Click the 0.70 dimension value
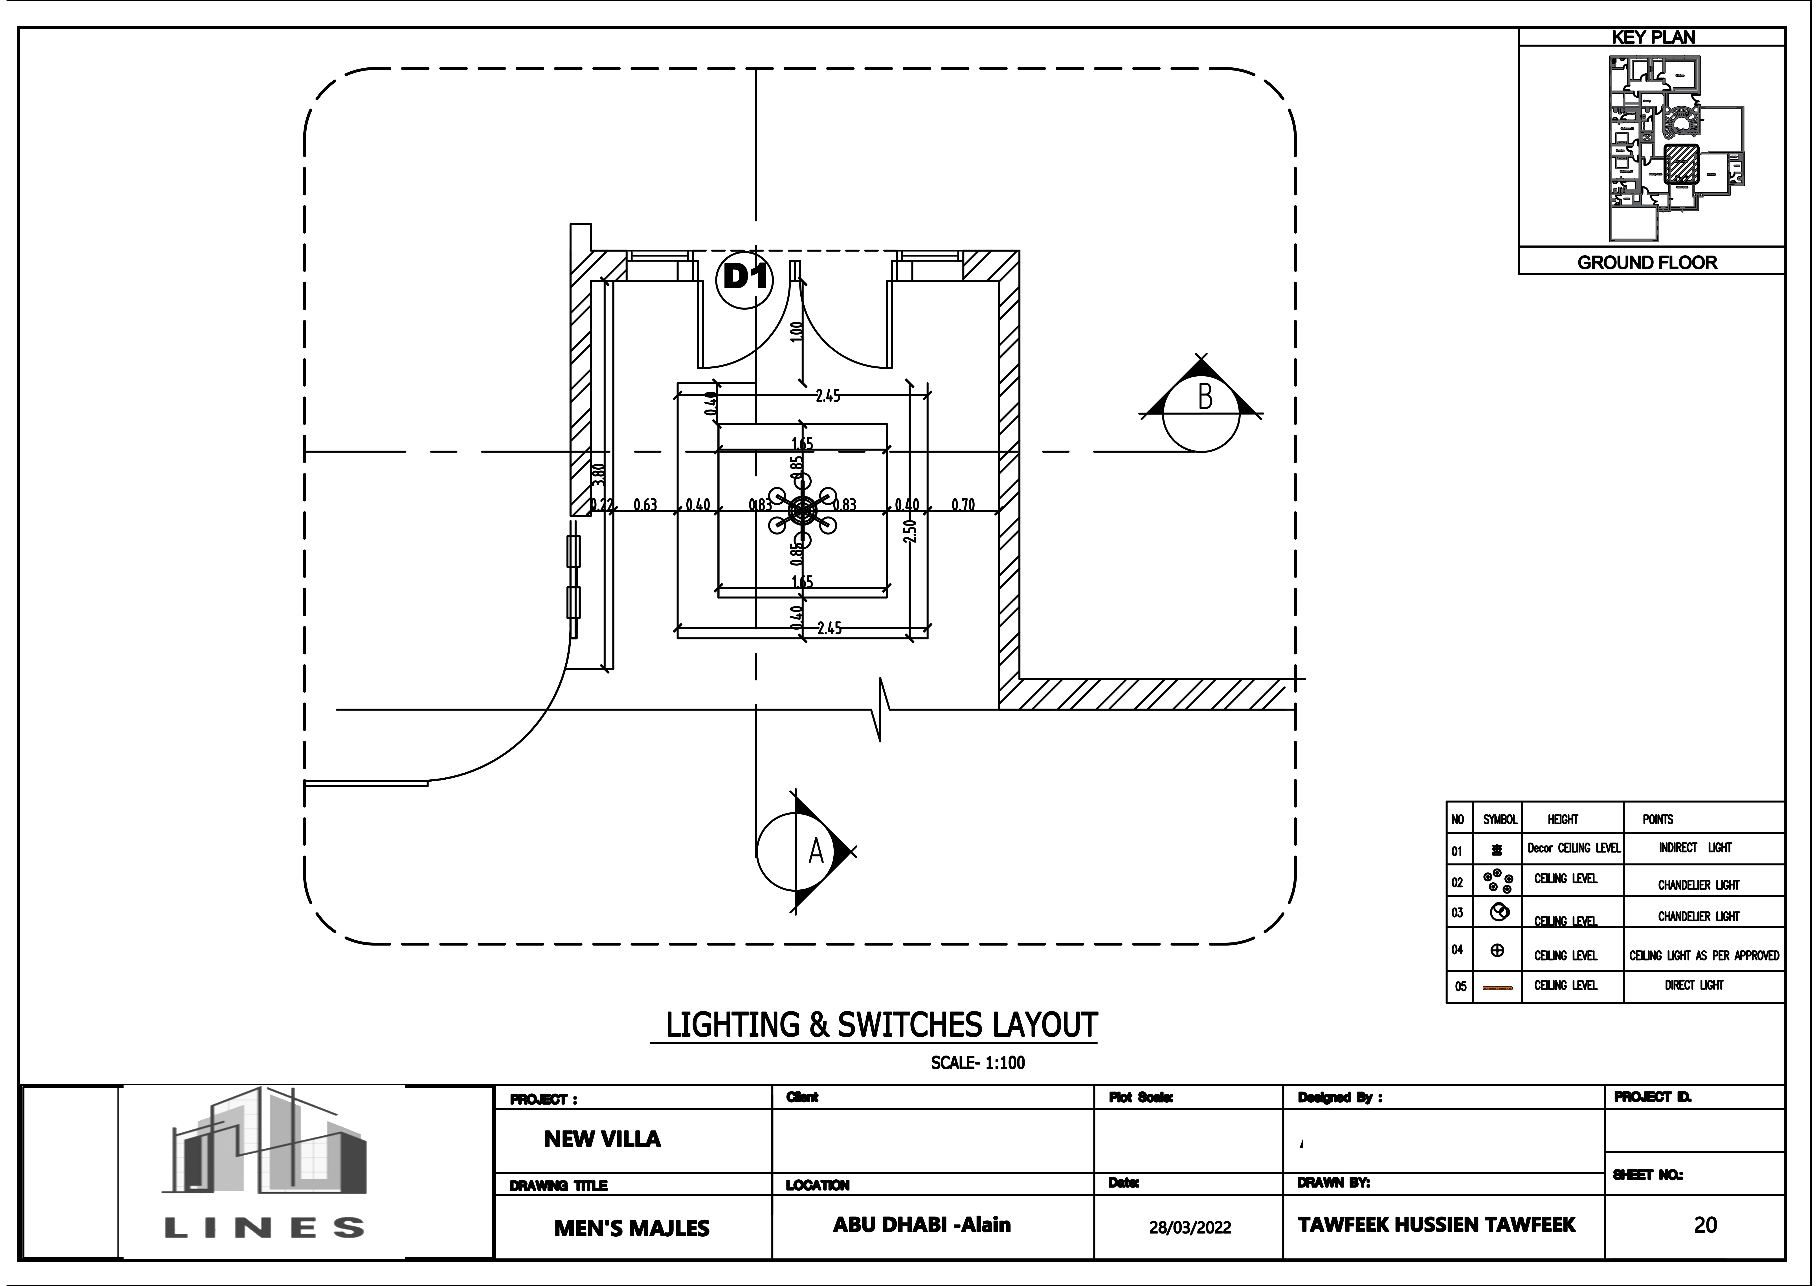coord(963,505)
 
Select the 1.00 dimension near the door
coord(797,330)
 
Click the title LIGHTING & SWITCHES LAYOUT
coord(881,1025)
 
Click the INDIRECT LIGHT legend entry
coord(1695,848)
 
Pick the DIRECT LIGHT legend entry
coord(1694,985)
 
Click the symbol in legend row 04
coord(1497,950)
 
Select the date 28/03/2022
coord(1190,1227)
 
